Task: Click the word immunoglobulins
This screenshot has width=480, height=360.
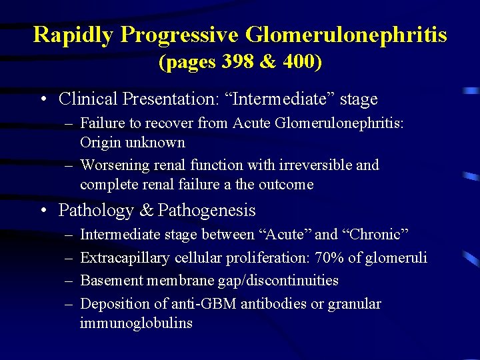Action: click(136, 323)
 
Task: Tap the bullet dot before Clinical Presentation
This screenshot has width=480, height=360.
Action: click(43, 100)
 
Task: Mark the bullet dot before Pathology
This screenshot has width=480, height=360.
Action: click(43, 211)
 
